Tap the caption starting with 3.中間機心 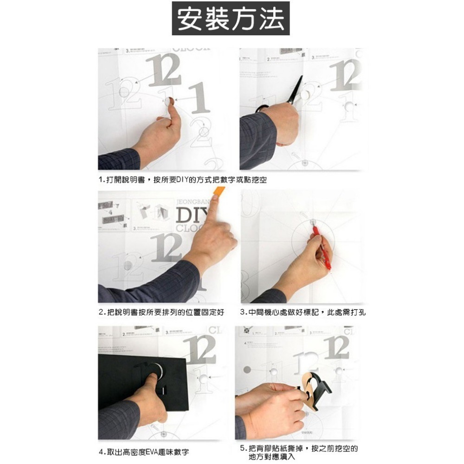point(303,313)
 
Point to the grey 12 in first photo point(163,70)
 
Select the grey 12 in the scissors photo point(346,74)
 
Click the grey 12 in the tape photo point(166,248)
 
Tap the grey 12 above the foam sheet point(201,349)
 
